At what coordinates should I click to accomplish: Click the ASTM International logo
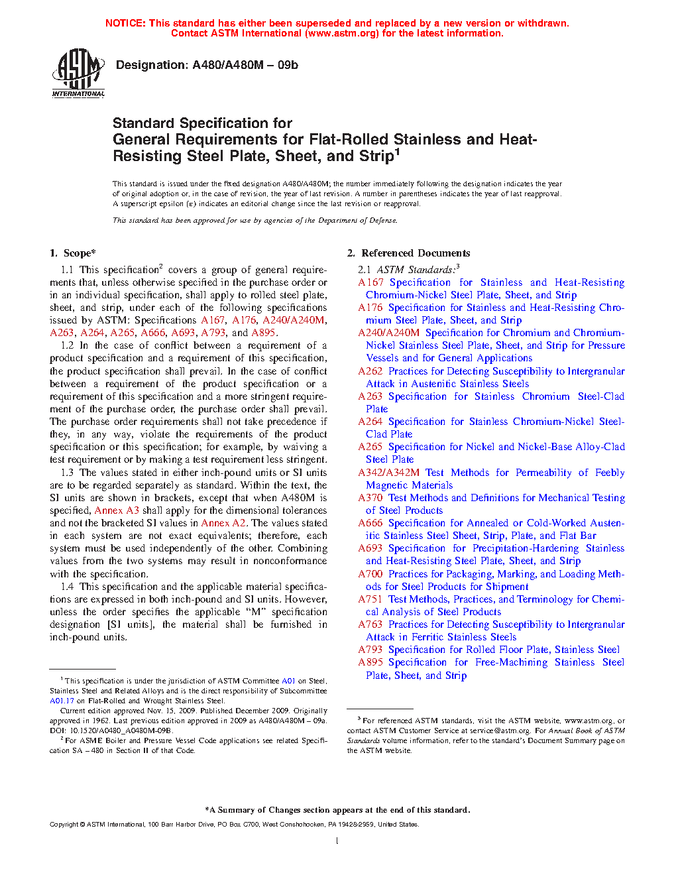coord(78,74)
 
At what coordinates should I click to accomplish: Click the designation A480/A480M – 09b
coord(207,65)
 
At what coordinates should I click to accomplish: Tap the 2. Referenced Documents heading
coord(409,253)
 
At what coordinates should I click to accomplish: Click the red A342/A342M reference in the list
coord(388,473)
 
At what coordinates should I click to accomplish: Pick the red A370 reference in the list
coord(370,498)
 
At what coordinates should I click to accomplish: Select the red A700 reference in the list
coord(370,574)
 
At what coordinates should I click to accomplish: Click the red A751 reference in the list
coord(370,599)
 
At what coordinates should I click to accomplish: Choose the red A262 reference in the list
coord(370,371)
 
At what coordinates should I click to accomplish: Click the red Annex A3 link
coord(117,510)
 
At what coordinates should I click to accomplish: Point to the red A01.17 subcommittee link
coord(62,701)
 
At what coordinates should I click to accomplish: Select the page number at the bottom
coord(337,841)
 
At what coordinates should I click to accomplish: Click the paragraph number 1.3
coord(67,473)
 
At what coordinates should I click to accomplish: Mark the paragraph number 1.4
coord(67,587)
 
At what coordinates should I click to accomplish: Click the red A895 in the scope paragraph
coord(263,333)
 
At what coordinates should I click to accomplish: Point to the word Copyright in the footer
coord(64,825)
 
